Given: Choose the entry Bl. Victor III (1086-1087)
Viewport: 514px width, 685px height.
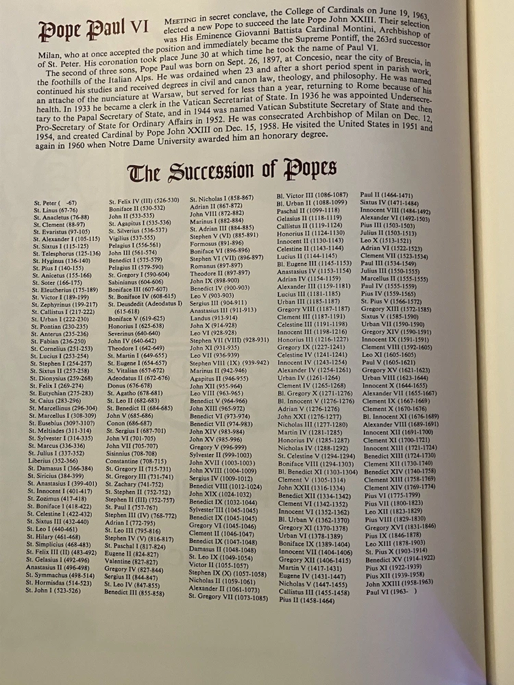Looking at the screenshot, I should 312,195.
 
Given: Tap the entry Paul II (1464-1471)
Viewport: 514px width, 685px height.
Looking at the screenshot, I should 386,195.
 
